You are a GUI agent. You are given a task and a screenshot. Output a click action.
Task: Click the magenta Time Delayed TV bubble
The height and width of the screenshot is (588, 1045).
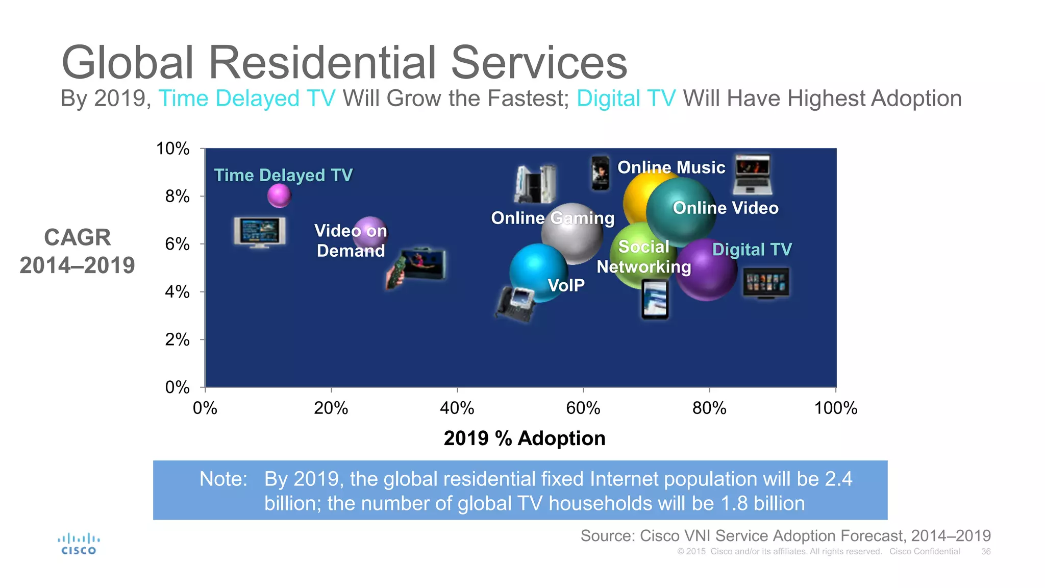coord(279,195)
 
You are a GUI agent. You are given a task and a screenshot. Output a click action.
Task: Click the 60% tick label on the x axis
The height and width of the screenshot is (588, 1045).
coord(583,408)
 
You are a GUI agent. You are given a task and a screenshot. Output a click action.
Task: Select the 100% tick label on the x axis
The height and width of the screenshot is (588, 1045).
coord(835,408)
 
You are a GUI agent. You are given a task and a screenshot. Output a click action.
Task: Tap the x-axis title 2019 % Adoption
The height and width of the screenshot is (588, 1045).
coord(524,438)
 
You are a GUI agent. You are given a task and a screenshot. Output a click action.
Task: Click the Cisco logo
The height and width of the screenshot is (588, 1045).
coord(79,544)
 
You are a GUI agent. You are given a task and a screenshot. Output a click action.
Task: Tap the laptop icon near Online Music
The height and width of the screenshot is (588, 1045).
coord(752,175)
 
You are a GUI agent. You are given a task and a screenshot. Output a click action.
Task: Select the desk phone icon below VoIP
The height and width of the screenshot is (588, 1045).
coord(516,304)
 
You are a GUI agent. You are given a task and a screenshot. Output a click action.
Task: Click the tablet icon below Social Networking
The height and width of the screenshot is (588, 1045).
coord(655,300)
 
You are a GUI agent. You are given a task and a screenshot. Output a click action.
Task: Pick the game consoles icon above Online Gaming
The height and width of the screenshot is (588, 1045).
coord(535,184)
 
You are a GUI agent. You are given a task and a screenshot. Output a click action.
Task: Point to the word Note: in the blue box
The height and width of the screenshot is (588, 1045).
coord(223,479)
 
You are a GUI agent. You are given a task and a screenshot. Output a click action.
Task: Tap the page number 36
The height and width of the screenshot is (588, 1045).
coord(985,552)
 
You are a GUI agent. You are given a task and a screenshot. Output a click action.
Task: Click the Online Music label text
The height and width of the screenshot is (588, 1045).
coord(671,167)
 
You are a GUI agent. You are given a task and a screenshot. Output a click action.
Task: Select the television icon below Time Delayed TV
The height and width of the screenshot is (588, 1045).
coord(260,232)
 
